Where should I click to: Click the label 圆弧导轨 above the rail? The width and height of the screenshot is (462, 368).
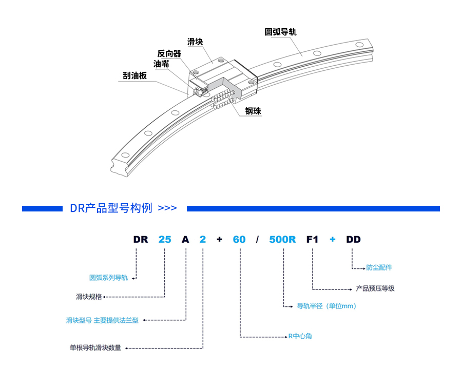pos(281,32)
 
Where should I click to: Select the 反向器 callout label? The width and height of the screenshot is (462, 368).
pos(169,53)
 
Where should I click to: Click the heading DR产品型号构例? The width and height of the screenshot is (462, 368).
pos(111,208)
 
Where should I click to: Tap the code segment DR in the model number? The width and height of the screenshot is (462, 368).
pos(141,239)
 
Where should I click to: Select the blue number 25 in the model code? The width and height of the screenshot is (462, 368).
pos(165,239)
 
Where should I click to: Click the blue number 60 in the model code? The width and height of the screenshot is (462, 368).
pos(239,239)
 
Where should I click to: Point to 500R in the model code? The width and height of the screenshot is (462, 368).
pos(282,239)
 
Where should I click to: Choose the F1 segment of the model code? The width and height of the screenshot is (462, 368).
pos(313,239)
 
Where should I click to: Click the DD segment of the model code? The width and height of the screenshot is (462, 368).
pos(353,239)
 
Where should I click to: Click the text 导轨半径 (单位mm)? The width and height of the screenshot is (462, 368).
pos(326,306)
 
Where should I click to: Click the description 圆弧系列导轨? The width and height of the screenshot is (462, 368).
pos(108,278)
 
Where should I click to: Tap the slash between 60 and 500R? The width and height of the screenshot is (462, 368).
pos(257,239)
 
